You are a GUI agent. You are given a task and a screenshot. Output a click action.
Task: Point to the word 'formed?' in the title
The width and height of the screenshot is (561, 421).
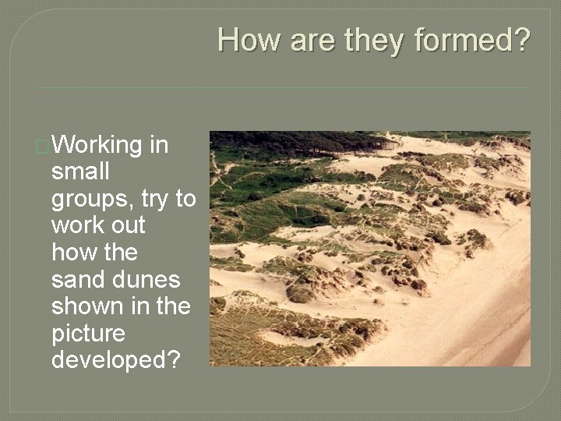(473, 40)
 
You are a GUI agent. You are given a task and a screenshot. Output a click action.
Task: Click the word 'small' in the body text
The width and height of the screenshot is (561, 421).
(80, 172)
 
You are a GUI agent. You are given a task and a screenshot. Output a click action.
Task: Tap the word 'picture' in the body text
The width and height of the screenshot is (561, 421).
(88, 334)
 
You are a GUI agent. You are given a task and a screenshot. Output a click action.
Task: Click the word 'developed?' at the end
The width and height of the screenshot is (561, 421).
(115, 359)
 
